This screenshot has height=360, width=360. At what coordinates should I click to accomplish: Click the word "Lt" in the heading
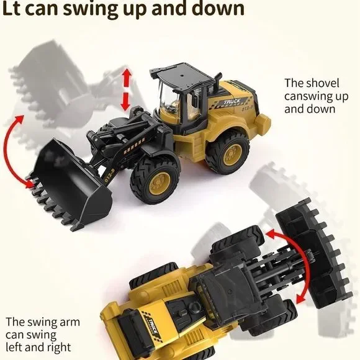pos(16,9)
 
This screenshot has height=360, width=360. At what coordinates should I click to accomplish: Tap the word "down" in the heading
pos(214,9)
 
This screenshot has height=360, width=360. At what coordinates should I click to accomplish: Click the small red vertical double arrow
pos(127,90)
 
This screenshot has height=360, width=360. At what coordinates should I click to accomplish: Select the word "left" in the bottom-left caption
pos(17,347)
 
